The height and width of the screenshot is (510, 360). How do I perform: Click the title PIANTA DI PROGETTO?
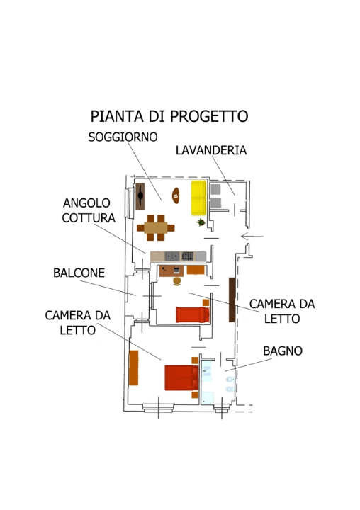point(169,116)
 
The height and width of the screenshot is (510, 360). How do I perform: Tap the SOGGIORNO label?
point(123,137)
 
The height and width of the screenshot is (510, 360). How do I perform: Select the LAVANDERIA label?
point(210,150)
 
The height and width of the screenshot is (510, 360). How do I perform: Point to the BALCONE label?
point(79,273)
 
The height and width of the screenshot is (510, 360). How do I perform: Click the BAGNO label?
point(282,351)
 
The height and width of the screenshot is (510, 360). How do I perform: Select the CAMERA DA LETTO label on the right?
point(281,311)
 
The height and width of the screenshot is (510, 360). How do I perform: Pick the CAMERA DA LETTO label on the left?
point(77,322)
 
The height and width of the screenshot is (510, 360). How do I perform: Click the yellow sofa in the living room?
point(198,198)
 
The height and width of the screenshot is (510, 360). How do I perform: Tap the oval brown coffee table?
point(175,193)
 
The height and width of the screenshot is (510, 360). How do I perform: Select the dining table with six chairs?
point(156,227)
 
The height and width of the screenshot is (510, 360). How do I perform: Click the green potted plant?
point(201,222)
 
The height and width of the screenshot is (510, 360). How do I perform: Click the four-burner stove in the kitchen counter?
point(189,256)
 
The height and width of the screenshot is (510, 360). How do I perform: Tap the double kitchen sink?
point(171,256)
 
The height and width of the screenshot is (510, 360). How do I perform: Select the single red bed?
point(192,314)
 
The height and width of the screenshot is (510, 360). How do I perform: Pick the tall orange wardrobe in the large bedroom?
point(133,367)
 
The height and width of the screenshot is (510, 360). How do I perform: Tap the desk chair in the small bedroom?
point(176,281)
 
